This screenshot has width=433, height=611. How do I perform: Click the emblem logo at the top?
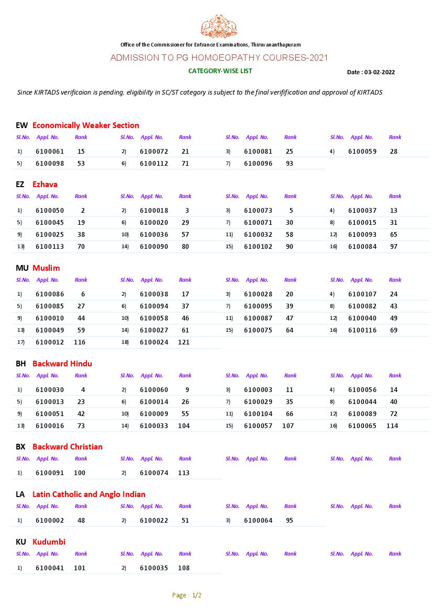pyautogui.click(x=219, y=26)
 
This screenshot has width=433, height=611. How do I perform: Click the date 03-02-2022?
pyautogui.click(x=380, y=72)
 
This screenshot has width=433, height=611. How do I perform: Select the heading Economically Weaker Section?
pyautogui.click(x=86, y=125)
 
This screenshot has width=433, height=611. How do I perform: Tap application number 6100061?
pyautogui.click(x=50, y=152)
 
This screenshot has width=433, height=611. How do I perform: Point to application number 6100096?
pyautogui.click(x=258, y=164)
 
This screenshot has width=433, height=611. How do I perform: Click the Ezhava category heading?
pyautogui.click(x=45, y=185)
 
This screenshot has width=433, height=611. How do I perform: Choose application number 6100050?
pyautogui.click(x=50, y=211)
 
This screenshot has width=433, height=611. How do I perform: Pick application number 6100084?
pyautogui.click(x=362, y=247)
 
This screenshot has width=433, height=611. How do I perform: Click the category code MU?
pyautogui.click(x=22, y=268)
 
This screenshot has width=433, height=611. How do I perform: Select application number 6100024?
pyautogui.click(x=154, y=342)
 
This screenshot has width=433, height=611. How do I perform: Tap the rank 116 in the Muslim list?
pyautogui.click(x=80, y=342)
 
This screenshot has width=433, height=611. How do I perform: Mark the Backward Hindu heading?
pyautogui.click(x=62, y=364)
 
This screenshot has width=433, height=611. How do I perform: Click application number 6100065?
pyautogui.click(x=362, y=426)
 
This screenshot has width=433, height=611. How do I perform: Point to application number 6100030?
pyautogui.click(x=50, y=390)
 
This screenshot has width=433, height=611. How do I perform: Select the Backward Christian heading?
pyautogui.click(x=68, y=447)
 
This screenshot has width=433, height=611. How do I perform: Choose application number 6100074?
pyautogui.click(x=154, y=473)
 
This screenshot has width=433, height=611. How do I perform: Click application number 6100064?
pyautogui.click(x=258, y=521)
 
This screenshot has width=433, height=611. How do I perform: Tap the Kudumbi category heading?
pyautogui.click(x=49, y=542)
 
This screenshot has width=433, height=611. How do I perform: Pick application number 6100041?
pyautogui.click(x=50, y=568)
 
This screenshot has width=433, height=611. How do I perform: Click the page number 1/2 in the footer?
pyautogui.click(x=197, y=595)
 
